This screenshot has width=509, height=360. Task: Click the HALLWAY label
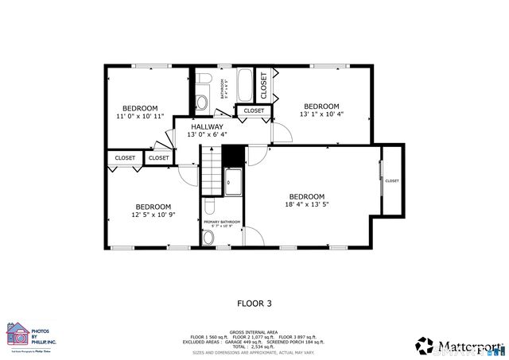[x=206, y=126]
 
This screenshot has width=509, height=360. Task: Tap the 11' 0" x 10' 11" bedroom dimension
[x=139, y=116]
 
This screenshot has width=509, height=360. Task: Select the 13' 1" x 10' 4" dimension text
[x=321, y=114]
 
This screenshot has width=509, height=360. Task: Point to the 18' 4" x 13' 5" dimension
[x=306, y=205]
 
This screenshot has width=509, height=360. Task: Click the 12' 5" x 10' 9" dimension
[x=153, y=214]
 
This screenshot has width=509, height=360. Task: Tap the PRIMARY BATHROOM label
[x=222, y=222]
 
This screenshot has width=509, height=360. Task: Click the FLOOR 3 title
[x=254, y=303]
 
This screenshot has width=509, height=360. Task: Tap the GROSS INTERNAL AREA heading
[x=254, y=332]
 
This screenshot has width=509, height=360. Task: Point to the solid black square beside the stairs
[x=232, y=155]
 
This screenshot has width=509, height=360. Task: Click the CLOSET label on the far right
[x=392, y=180]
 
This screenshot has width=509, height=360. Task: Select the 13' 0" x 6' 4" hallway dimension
[x=206, y=135]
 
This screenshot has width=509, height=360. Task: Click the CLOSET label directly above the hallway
[x=254, y=110]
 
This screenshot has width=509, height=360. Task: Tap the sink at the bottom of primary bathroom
[x=208, y=237]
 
